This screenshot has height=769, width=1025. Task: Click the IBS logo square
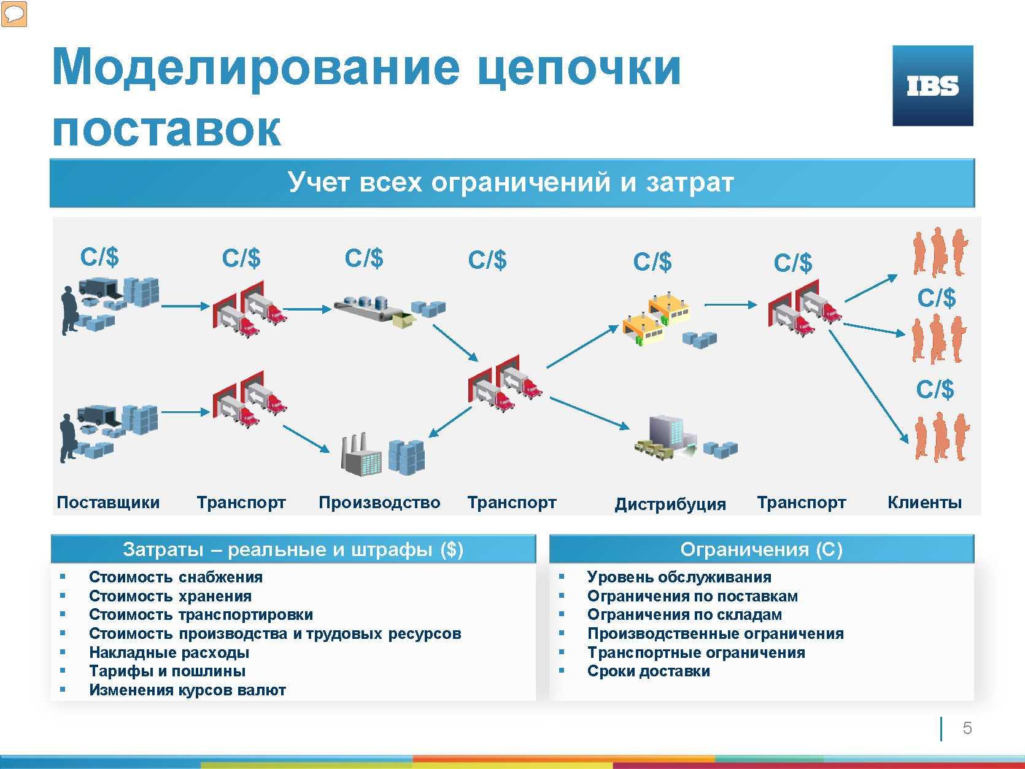point(932,85)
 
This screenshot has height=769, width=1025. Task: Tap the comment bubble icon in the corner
point(14,14)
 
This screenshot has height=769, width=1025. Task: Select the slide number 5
point(967,728)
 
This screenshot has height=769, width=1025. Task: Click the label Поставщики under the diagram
point(108,503)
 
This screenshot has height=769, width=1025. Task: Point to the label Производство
point(379,503)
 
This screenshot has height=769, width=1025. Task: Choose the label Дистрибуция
point(670,504)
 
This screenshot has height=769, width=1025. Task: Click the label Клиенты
point(924,503)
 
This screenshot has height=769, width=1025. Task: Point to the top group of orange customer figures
point(940,252)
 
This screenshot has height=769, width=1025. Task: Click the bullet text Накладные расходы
point(169,652)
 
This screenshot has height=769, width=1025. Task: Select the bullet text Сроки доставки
point(649,671)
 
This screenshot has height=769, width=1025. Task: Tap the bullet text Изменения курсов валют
point(187,690)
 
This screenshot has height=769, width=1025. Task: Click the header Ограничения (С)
point(761,549)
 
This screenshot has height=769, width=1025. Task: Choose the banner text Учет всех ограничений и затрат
point(511,182)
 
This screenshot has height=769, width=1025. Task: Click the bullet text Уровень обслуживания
point(679,577)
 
